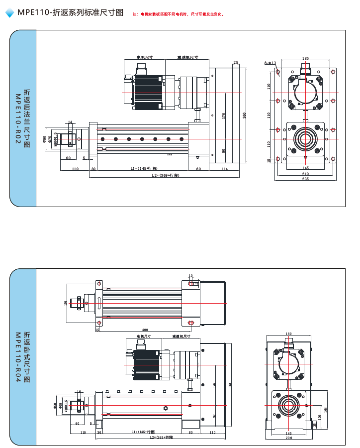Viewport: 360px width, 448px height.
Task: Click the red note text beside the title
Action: pyautogui.click(x=179, y=14)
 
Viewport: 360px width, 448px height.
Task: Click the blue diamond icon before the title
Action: pyautogui.click(x=9, y=13)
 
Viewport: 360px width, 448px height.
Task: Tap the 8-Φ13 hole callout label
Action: pyautogui.click(x=270, y=63)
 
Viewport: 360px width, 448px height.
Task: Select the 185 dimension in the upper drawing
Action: pyautogui.click(x=305, y=59)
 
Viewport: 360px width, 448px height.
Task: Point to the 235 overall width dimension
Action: pyautogui.click(x=305, y=179)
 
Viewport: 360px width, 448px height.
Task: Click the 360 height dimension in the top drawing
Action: pyautogui.click(x=244, y=115)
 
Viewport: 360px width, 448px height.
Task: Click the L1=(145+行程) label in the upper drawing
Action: pyautogui.click(x=144, y=169)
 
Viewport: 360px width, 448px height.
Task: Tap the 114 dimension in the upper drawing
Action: pyautogui.click(x=224, y=169)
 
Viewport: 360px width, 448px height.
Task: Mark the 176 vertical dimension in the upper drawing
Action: pyautogui.click(x=224, y=115)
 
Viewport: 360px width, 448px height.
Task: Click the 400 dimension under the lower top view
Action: pyautogui.click(x=145, y=330)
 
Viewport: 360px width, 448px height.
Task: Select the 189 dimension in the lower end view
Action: pyautogui.click(x=289, y=334)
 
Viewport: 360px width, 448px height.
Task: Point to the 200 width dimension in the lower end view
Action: pyautogui.click(x=289, y=438)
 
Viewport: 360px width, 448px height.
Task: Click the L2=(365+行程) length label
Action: pyautogui.click(x=162, y=438)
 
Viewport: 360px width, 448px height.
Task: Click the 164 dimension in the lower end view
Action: pyautogui.click(x=326, y=409)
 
